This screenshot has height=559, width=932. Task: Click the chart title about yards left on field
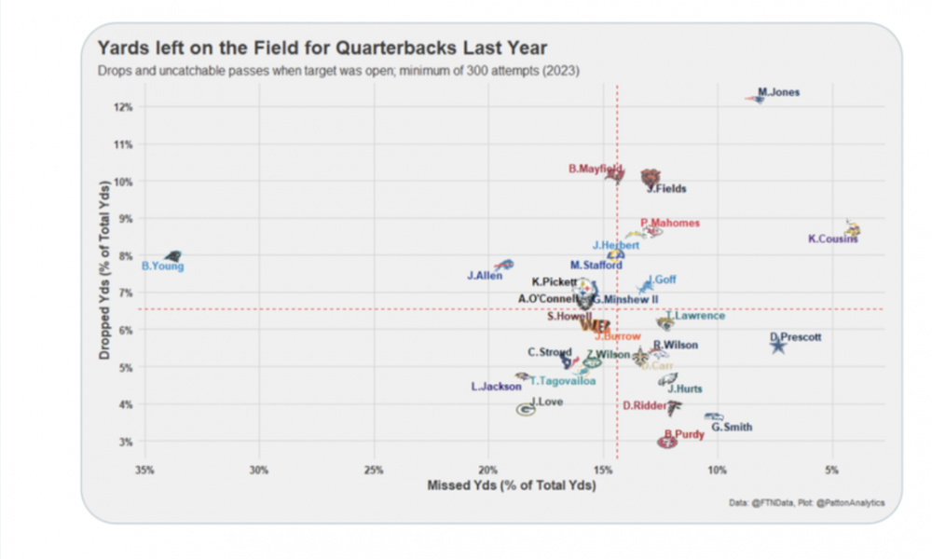[322, 47]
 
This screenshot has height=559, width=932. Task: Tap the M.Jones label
[779, 92]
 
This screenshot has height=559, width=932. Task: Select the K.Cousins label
[832, 239]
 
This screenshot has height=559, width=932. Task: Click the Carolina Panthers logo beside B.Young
[172, 255]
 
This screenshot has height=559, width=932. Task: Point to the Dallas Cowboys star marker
[778, 346]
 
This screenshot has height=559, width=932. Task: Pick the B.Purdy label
[683, 434]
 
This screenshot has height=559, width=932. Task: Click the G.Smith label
[732, 428]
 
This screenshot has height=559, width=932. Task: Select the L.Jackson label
[496, 387]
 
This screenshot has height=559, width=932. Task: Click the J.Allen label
[485, 276]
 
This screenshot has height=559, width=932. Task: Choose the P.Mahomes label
[670, 223]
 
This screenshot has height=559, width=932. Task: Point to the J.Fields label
[666, 189]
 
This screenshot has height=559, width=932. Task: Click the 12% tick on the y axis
[123, 107]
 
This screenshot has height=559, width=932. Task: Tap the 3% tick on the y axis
[125, 442]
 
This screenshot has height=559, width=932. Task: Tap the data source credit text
[807, 503]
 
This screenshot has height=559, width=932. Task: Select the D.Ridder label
[643, 405]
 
